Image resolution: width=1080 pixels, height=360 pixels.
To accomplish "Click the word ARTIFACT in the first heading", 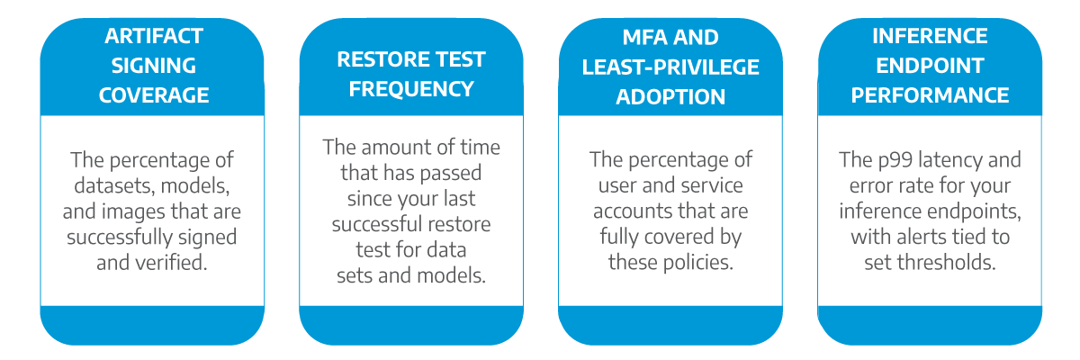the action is (154, 36).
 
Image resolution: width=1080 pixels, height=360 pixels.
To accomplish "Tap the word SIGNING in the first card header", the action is (154, 66).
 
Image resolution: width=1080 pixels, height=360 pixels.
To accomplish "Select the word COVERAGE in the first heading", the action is (154, 95).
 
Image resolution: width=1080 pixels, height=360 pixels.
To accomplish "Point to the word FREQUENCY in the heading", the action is (411, 90).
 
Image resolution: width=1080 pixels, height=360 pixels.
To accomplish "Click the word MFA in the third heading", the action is (646, 38).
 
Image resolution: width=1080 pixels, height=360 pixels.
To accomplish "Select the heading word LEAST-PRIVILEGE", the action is (670, 67).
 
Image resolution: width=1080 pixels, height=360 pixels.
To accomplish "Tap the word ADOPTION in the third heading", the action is (670, 97).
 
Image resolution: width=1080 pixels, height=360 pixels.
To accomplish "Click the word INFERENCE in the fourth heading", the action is (930, 36).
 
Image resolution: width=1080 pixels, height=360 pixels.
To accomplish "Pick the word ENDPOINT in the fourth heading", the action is (930, 66).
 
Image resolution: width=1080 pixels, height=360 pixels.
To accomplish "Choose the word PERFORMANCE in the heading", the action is (930, 95).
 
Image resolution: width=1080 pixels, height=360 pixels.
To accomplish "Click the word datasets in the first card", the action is (113, 186).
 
